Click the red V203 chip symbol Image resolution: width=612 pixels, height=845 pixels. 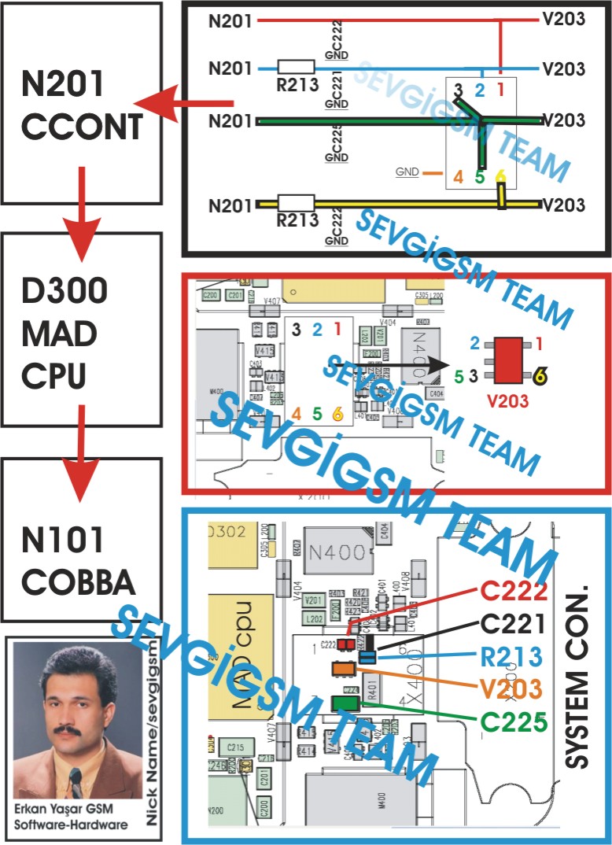pyautogui.click(x=503, y=360)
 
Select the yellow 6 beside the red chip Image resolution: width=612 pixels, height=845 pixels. pyautogui.click(x=540, y=378)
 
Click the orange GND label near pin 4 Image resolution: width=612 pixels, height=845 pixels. pyautogui.click(x=407, y=172)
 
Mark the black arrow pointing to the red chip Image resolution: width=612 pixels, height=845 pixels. pyautogui.click(x=393, y=365)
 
